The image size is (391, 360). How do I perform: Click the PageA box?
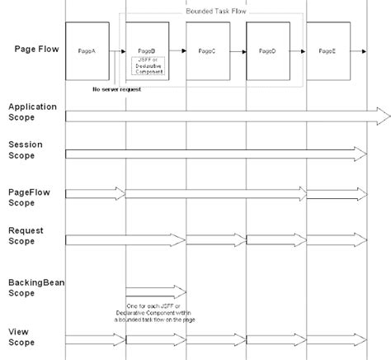tap(88, 51)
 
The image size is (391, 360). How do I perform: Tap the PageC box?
tap(207, 51)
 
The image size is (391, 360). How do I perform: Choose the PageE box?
tap(327, 51)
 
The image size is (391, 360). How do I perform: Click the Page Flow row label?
tap(36, 49)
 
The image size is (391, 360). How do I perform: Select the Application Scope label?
tap(31, 112)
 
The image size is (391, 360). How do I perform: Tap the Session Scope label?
tap(26, 149)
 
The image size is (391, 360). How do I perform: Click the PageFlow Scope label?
tap(30, 197)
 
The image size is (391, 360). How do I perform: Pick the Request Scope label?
tap(26, 235)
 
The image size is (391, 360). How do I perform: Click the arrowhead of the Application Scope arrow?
tap(383, 116)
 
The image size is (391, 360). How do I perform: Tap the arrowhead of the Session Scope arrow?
tap(360, 154)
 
